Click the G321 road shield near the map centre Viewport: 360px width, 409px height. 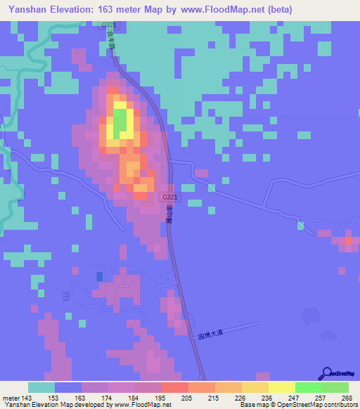click(x=167, y=197)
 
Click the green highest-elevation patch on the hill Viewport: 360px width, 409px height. click(x=121, y=121)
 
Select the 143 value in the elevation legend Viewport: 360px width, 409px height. click(x=31, y=397)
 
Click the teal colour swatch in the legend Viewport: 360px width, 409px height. click(x=41, y=387)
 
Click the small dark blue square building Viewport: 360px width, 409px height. click(x=98, y=277)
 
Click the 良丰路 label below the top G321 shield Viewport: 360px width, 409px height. click(x=111, y=44)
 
